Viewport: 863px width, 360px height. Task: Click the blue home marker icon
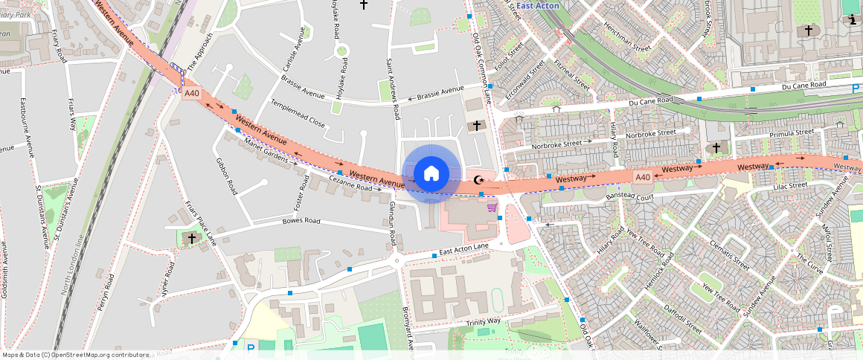[431, 174]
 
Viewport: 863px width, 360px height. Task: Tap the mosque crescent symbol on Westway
[478, 179]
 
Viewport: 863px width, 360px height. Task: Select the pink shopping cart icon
[491, 208]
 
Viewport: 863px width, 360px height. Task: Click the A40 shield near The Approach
[192, 94]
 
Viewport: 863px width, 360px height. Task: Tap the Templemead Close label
[298, 113]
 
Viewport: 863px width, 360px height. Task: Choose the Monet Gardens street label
[272, 151]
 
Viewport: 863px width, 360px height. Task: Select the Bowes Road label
[301, 221]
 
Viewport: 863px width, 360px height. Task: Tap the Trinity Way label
[484, 321]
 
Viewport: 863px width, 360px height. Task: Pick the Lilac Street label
[789, 185]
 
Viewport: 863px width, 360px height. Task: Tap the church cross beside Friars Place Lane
[192, 238]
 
